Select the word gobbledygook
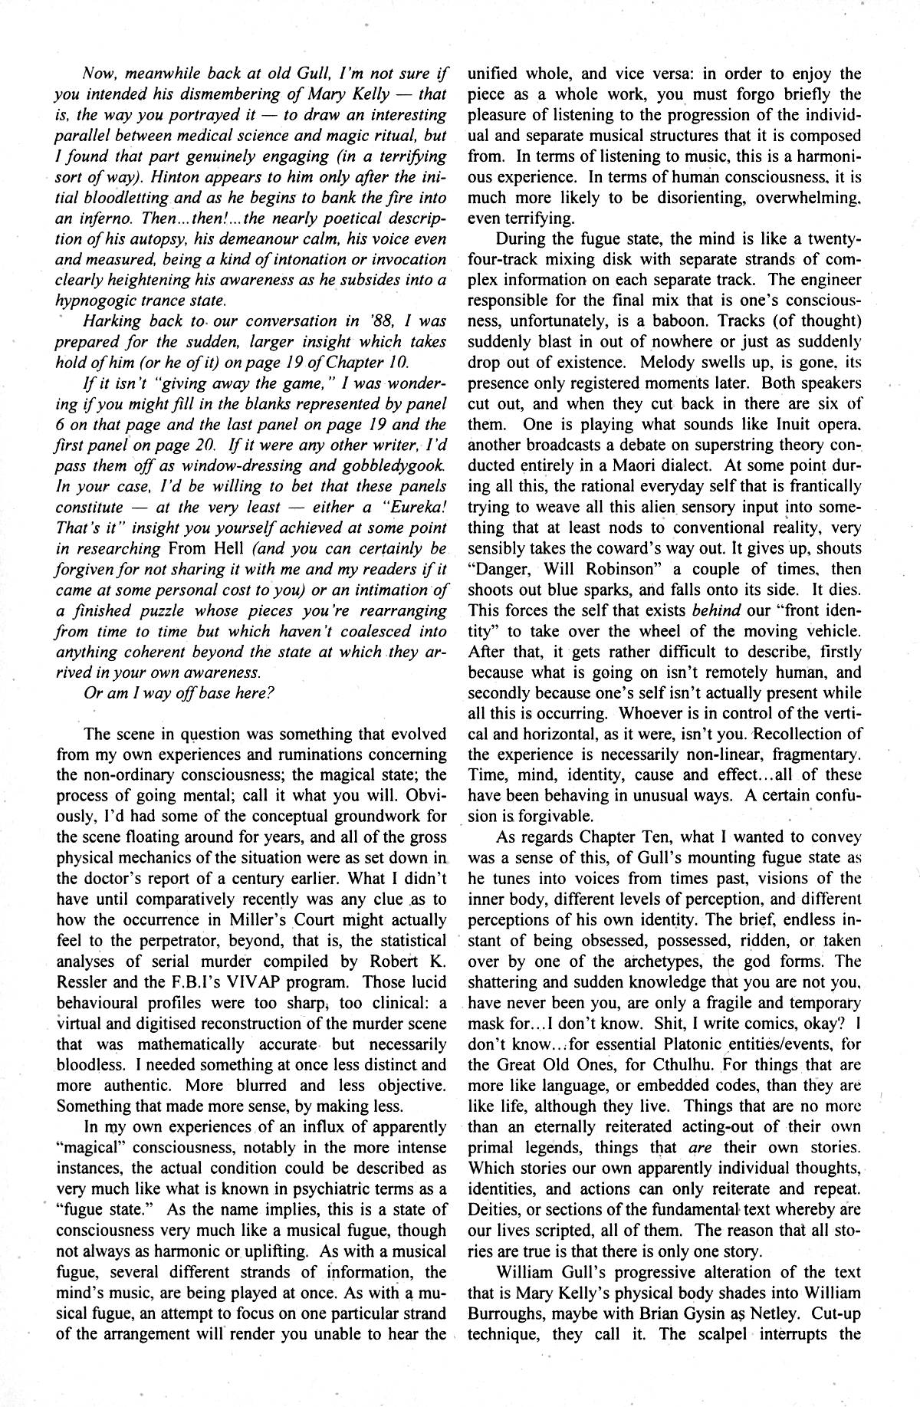click(x=394, y=465)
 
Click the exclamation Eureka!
click(x=412, y=507)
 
